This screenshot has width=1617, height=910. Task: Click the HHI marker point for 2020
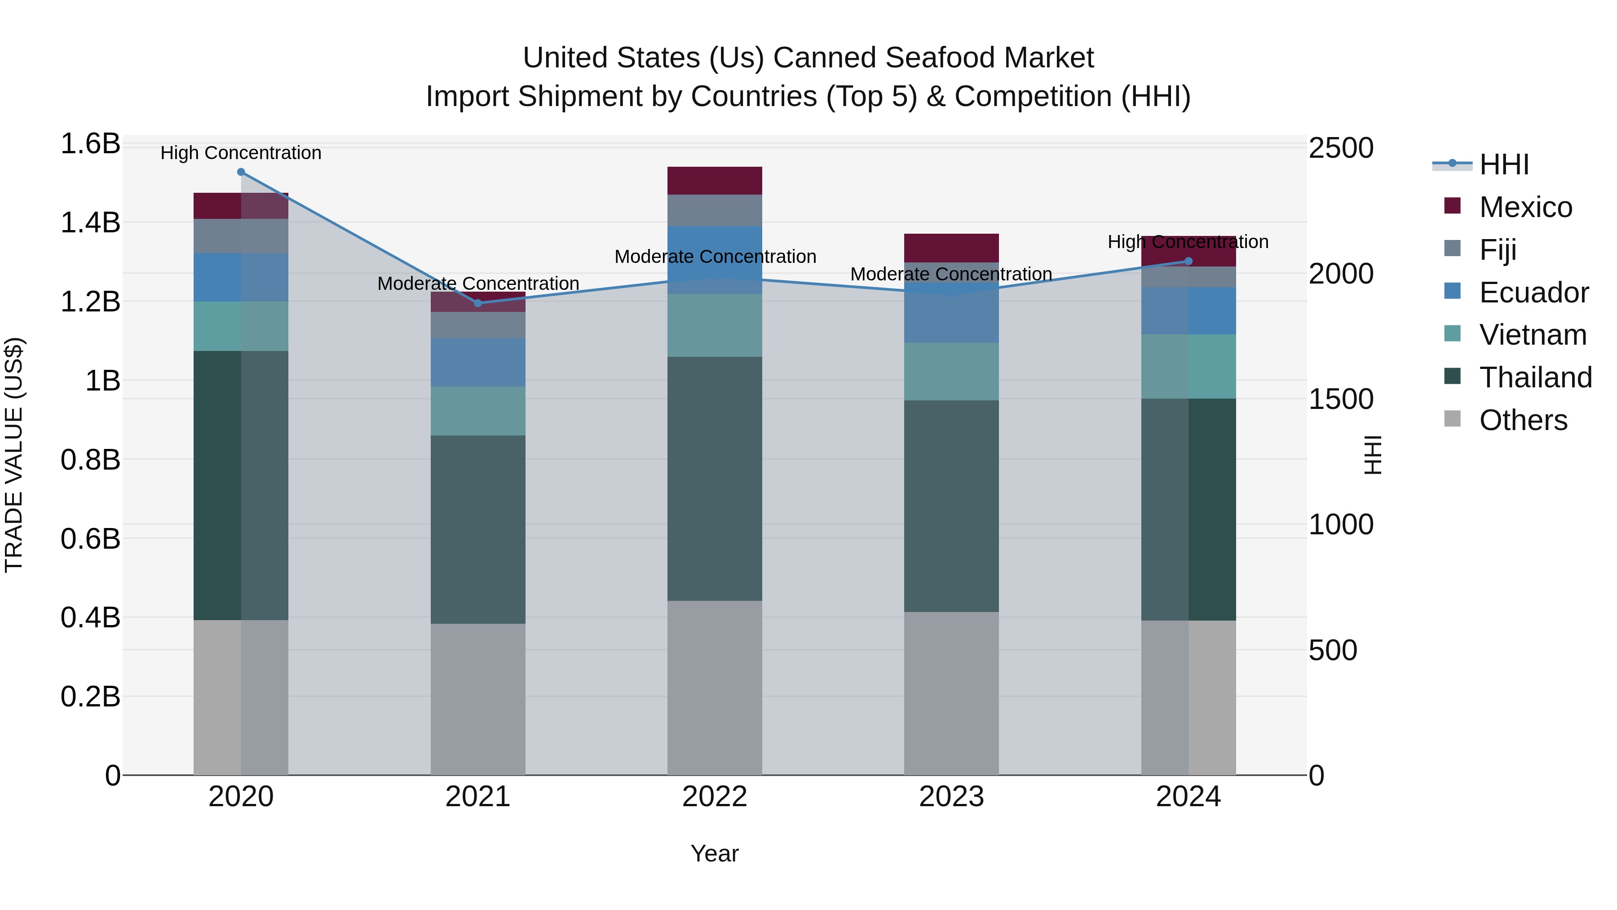point(241,172)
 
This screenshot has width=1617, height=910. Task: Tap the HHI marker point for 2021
point(478,303)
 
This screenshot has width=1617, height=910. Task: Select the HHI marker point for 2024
point(1188,261)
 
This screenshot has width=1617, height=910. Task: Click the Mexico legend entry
point(1525,207)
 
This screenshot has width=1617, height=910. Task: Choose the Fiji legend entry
point(1498,250)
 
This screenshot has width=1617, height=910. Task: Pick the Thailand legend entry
point(1535,377)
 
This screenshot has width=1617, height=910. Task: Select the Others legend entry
point(1523,420)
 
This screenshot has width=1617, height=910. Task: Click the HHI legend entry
point(1504,164)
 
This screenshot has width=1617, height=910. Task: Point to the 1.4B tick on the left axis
point(90,223)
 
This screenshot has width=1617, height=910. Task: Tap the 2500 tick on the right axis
point(1341,149)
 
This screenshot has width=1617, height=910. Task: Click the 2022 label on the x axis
point(714,797)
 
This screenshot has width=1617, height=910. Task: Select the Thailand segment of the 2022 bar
point(714,479)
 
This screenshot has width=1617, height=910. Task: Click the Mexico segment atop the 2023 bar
point(951,248)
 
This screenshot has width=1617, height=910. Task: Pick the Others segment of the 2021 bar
point(478,698)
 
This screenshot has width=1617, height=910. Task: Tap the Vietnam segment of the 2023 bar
point(951,371)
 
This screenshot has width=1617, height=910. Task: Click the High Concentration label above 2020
point(241,153)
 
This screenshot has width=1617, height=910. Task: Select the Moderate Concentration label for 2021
point(478,283)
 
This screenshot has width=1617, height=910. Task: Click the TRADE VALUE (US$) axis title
point(14,455)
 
